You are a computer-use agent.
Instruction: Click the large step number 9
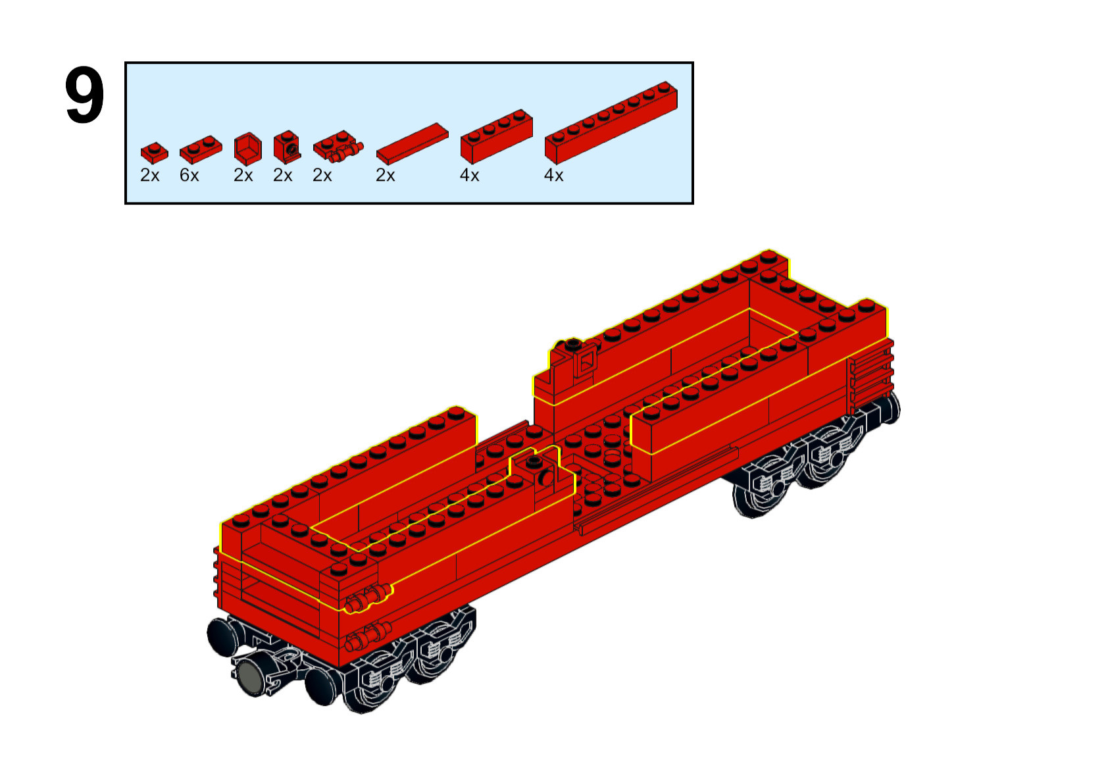pos(85,95)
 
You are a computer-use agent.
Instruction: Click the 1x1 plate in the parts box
pos(155,153)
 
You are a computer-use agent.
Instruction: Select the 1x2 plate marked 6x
pos(201,149)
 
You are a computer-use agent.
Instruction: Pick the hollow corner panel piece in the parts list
pos(248,149)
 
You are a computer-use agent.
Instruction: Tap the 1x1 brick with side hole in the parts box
pos(287,147)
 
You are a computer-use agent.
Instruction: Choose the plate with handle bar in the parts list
pos(338,147)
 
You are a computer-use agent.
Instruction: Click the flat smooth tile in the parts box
pos(413,143)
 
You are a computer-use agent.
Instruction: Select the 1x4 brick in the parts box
pos(497,136)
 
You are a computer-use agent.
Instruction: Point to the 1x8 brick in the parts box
pos(611,122)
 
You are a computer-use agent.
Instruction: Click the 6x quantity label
pos(189,175)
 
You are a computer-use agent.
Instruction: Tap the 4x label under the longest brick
pos(553,175)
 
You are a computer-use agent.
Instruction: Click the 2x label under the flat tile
pos(386,175)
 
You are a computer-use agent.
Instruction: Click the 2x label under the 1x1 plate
pos(150,175)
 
